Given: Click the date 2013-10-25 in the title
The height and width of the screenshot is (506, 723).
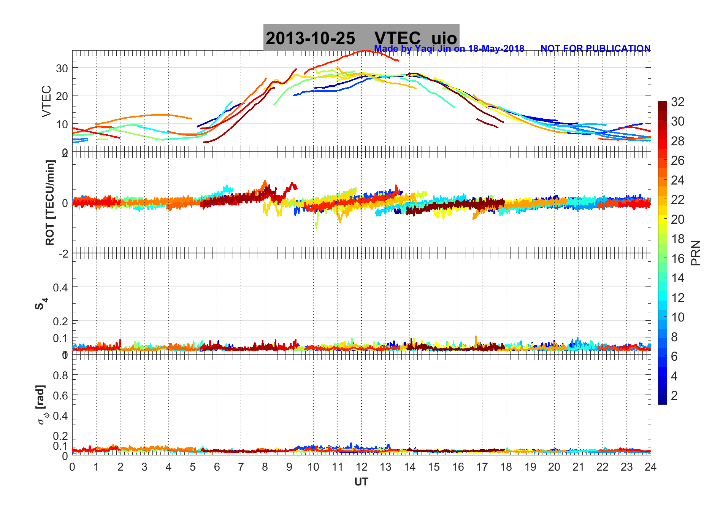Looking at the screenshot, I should coord(310,38).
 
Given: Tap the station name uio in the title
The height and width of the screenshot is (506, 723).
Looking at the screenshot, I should coord(444,38).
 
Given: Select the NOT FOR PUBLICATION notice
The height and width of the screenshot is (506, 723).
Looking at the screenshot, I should coord(595,48).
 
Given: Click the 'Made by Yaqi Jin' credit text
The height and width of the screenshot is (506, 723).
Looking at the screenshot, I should coord(449,48).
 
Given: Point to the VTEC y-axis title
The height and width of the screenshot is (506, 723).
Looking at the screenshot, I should coord(46,101).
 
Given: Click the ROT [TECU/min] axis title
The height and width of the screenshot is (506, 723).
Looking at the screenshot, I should coord(50,202).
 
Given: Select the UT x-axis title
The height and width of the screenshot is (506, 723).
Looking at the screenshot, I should coord(361,482).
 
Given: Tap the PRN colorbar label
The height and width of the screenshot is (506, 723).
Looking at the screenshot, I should coord(696,253).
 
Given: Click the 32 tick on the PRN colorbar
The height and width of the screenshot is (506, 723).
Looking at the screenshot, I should coord(677,102).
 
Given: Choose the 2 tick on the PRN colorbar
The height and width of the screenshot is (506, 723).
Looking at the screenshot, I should coord(674,396).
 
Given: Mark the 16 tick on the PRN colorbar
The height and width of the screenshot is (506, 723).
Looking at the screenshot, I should coord(677,259).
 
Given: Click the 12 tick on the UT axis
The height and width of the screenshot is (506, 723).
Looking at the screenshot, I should coord(361,467).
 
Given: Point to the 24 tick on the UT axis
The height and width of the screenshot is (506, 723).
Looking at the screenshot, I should coord(650,467).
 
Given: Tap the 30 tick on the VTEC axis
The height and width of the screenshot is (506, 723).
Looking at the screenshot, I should coord(62,68).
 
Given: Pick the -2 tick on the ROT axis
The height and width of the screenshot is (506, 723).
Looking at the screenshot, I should coord(63,253).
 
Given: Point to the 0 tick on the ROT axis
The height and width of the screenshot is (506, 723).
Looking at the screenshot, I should coord(65,203).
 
